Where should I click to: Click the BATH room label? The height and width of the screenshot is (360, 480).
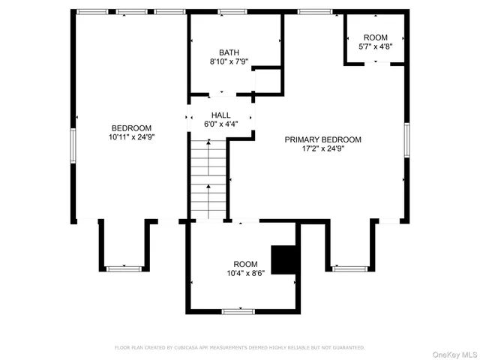229,52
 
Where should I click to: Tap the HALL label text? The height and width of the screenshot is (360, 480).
220,115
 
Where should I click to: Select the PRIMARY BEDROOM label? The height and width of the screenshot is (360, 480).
322,139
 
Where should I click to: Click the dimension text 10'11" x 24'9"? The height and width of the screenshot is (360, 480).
131,137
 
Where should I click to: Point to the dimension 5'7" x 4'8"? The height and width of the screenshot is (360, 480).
376,46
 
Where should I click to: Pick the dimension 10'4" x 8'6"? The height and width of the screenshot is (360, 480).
245,274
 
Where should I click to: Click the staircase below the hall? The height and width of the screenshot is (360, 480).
208,179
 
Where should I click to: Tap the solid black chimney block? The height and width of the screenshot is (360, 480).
283,259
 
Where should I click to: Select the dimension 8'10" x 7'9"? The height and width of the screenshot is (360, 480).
229,62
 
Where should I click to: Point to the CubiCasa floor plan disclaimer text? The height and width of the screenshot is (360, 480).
239,348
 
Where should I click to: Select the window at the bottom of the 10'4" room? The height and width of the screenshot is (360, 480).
238,310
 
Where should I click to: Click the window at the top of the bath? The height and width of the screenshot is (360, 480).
232,12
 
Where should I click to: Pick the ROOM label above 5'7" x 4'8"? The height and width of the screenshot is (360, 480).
376,37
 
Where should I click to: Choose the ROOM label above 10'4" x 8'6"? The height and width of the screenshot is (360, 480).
245,264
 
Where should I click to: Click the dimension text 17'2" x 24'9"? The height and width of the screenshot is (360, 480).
322,148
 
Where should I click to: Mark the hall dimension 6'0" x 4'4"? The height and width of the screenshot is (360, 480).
220,124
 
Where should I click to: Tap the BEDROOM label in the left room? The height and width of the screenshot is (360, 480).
131,127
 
